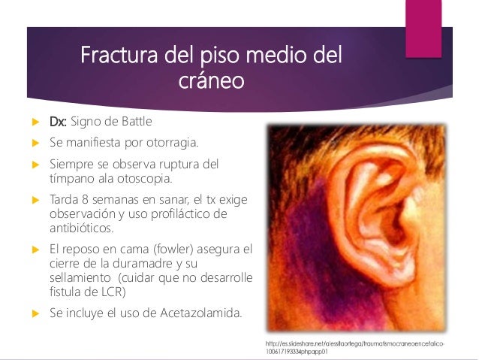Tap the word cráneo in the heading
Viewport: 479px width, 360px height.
tap(211, 80)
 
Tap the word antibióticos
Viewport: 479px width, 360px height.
tap(81, 228)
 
